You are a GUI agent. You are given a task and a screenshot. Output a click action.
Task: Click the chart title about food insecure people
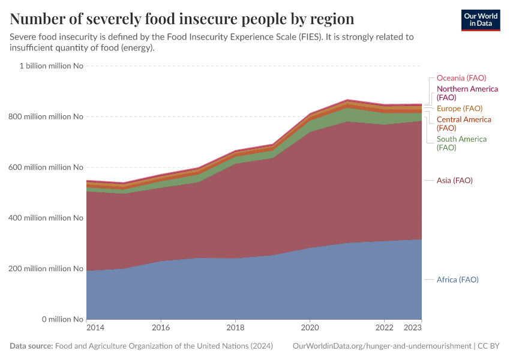coord(182,19)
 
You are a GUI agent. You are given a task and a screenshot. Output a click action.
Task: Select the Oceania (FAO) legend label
coord(461,78)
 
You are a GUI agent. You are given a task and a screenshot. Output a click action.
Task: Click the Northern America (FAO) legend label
coord(467,93)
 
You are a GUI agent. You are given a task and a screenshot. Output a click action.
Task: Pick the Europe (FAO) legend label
coord(459,109)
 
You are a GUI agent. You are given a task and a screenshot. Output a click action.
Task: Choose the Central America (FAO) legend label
coord(463,124)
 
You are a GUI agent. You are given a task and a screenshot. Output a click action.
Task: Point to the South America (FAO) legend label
coord(461,143)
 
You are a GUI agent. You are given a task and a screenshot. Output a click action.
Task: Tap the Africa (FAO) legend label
coord(457,280)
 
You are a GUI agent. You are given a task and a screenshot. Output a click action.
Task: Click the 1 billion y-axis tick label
coord(52,66)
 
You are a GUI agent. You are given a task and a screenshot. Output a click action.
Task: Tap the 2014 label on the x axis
coord(95,328)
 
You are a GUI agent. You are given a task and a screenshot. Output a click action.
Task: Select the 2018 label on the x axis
coord(235,328)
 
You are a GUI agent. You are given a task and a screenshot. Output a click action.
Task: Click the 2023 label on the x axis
coord(413,328)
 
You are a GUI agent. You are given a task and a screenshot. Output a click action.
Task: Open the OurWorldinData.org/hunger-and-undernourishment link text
coord(382,346)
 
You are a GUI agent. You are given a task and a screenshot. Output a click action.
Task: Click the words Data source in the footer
coord(31,346)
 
